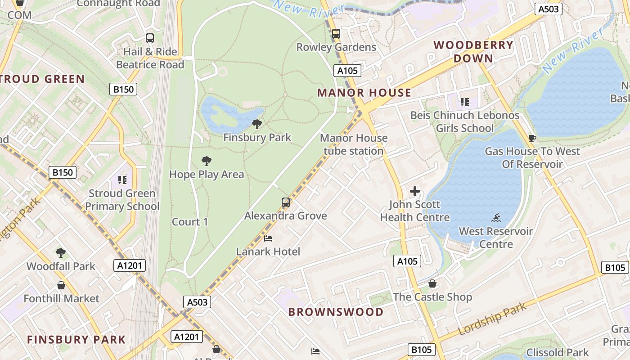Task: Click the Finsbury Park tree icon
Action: click(x=257, y=124)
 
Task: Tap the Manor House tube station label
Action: click(x=353, y=144)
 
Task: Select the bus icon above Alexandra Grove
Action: click(x=286, y=202)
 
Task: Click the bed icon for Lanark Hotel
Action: click(x=268, y=238)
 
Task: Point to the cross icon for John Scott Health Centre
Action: click(x=414, y=191)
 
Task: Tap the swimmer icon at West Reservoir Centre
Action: click(x=496, y=218)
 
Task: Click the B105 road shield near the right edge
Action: click(x=615, y=268)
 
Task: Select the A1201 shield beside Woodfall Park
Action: click(x=130, y=265)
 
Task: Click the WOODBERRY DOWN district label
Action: click(x=473, y=51)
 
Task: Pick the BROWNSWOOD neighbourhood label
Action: click(x=336, y=312)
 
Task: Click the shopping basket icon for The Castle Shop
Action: click(x=432, y=284)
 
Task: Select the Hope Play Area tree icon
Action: click(x=207, y=161)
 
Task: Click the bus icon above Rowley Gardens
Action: click(x=336, y=34)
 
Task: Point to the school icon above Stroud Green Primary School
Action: click(x=122, y=180)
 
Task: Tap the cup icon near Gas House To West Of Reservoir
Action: click(x=532, y=138)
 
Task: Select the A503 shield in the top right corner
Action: click(x=549, y=9)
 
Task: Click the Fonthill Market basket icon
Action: click(x=61, y=285)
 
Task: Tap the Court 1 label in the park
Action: click(x=190, y=222)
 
